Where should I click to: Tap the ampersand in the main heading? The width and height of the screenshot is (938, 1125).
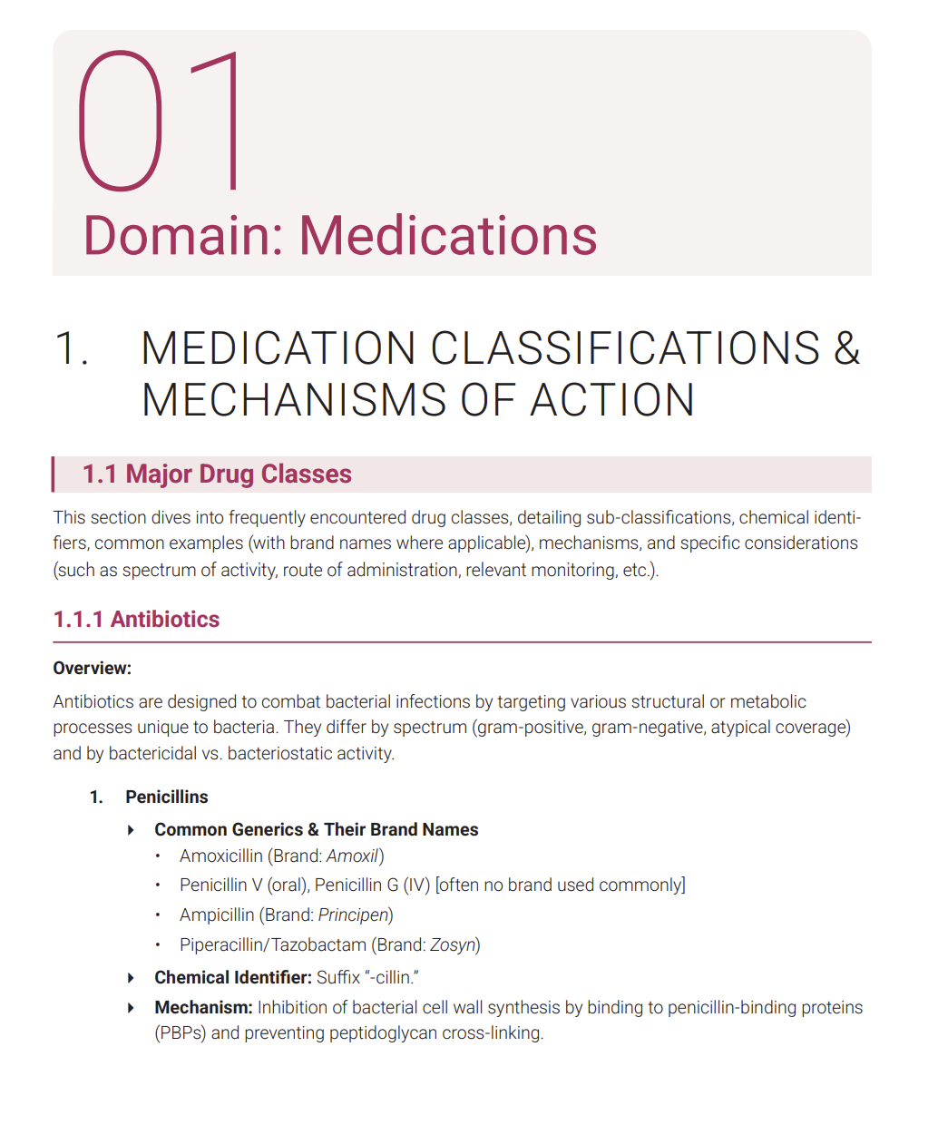click(846, 348)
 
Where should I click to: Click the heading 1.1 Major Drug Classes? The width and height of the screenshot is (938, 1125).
click(217, 474)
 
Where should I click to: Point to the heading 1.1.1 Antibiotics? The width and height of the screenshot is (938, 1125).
click(136, 620)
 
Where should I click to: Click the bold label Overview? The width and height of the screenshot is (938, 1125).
click(92, 669)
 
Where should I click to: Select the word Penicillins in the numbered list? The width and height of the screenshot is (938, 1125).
click(167, 797)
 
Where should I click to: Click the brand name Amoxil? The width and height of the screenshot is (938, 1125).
click(352, 856)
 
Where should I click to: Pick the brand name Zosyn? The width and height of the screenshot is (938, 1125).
click(453, 944)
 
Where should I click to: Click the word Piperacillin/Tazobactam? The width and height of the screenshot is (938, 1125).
click(273, 944)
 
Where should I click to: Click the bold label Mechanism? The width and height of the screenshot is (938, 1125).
click(203, 1007)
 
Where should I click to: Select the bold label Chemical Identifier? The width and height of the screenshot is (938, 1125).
click(232, 977)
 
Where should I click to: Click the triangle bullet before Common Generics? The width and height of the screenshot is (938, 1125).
click(132, 830)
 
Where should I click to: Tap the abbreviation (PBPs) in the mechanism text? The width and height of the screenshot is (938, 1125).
click(181, 1032)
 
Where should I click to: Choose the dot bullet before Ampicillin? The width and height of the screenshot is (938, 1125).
click(158, 915)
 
